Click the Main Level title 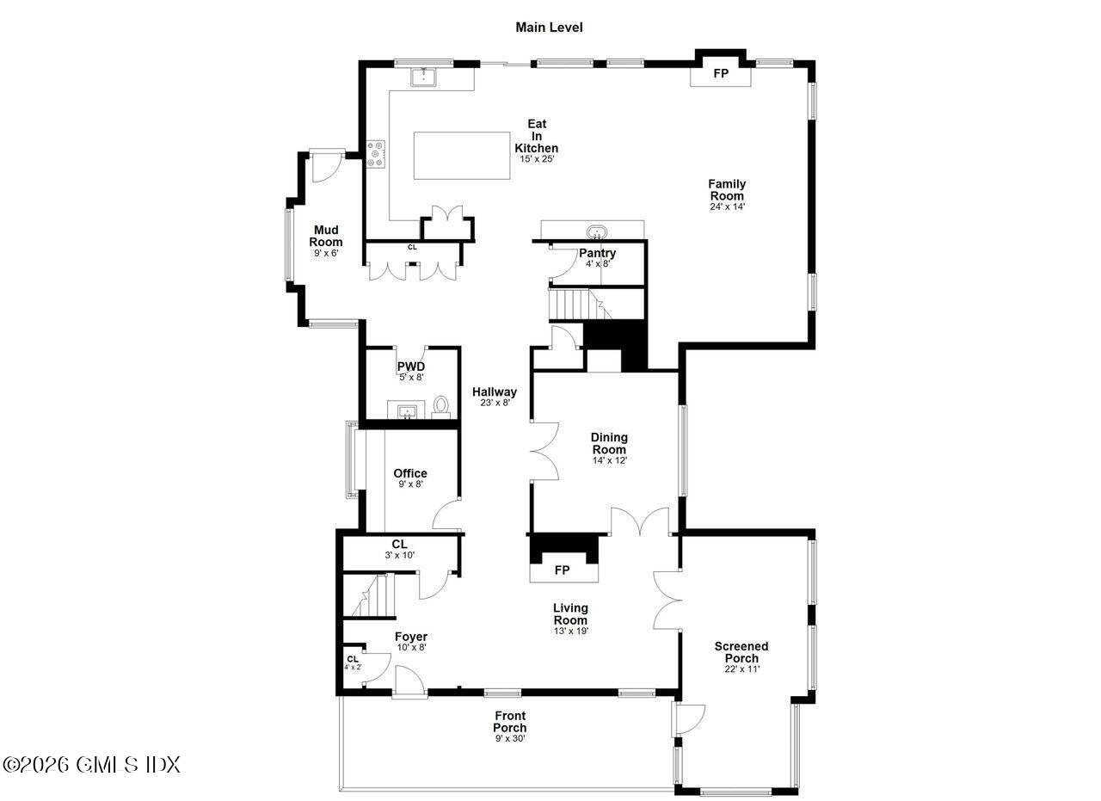[549, 28]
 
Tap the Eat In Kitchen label [537, 137]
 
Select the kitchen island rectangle [462, 155]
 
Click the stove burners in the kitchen [376, 154]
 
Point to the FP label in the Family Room [721, 74]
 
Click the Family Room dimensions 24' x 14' [727, 206]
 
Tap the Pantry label [597, 253]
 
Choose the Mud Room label [326, 236]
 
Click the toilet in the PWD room [441, 405]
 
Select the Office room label [410, 473]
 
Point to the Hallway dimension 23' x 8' [495, 403]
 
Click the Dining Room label [609, 443]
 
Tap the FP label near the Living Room [562, 570]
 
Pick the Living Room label [570, 614]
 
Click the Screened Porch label [741, 652]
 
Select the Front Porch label [510, 722]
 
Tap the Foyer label [411, 637]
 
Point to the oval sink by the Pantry [596, 231]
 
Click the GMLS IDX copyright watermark [91, 764]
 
